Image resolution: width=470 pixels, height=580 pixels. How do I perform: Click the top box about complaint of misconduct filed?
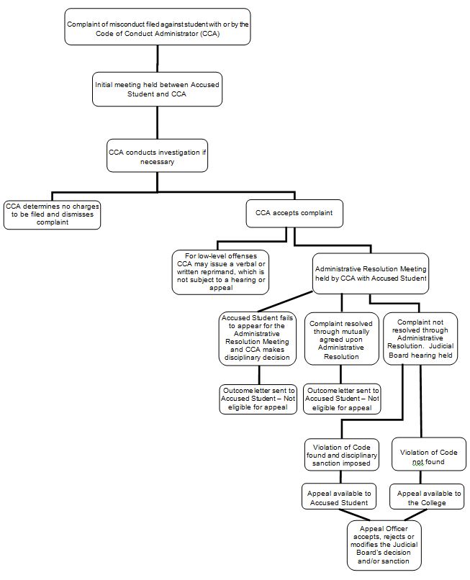point(157,28)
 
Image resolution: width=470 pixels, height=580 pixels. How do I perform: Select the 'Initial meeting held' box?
point(157,89)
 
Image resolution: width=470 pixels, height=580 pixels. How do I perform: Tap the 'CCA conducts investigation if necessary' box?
point(157,155)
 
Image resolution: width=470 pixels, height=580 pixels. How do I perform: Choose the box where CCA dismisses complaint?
point(52,214)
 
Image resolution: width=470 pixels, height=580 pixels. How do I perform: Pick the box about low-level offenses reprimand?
point(220,271)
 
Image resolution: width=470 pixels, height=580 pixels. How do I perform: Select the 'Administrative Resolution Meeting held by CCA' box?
point(370,273)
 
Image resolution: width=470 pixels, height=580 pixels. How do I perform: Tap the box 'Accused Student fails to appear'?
point(258,337)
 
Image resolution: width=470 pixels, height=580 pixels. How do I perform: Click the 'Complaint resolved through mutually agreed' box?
point(341,338)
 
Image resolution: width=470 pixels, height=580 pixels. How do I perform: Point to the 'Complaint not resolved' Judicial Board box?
point(420,338)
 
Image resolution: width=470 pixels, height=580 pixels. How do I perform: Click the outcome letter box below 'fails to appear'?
point(258,399)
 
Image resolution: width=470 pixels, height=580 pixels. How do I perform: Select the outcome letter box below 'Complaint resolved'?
point(342,399)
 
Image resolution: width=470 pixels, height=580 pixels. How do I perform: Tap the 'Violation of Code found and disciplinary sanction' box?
point(342,456)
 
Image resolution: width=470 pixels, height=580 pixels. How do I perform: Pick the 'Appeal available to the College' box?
point(427,497)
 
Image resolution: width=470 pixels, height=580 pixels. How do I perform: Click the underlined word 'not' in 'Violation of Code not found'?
point(418,461)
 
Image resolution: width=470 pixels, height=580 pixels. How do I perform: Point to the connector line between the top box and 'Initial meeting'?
point(157,58)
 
